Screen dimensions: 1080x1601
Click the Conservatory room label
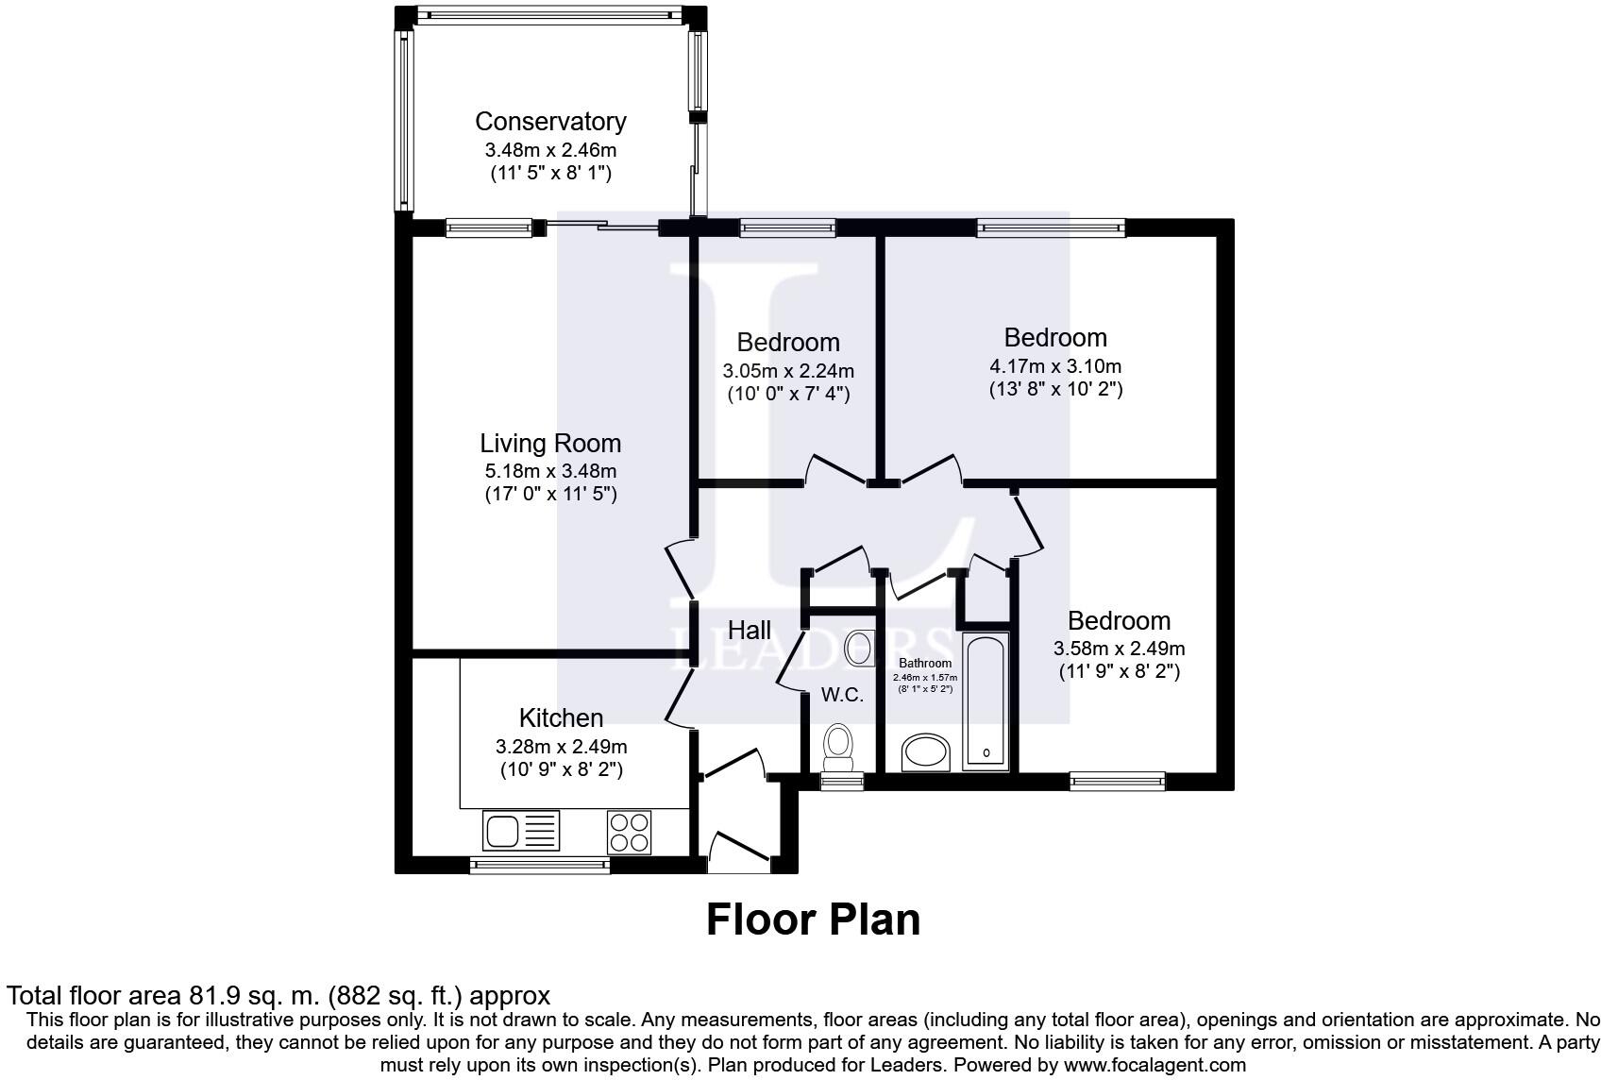(x=550, y=122)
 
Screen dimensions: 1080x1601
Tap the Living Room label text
(x=550, y=443)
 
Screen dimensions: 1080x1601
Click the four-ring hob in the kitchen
(x=630, y=832)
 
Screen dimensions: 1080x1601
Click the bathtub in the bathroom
(x=986, y=700)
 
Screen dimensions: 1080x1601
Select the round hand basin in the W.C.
(x=858, y=649)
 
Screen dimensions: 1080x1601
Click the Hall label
(x=750, y=630)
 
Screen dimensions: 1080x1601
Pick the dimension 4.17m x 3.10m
(x=1055, y=365)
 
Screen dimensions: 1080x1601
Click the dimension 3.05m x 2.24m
(x=788, y=371)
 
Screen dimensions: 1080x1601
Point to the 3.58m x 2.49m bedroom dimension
(x=1119, y=649)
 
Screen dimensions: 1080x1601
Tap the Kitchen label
(x=561, y=717)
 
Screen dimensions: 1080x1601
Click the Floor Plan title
(x=813, y=920)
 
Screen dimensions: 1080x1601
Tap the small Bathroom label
(x=925, y=664)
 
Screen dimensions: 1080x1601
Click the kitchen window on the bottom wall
(x=539, y=864)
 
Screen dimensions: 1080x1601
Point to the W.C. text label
(x=842, y=695)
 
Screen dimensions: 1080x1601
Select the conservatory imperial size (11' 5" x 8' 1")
(x=550, y=173)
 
